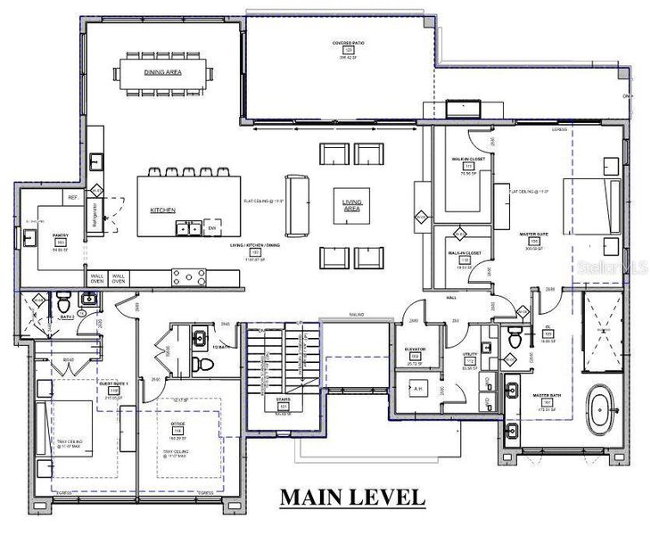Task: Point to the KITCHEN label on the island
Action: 161,210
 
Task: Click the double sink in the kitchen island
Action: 188,229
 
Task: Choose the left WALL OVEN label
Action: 97,280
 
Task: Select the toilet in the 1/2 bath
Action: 202,366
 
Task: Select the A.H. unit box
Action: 416,390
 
